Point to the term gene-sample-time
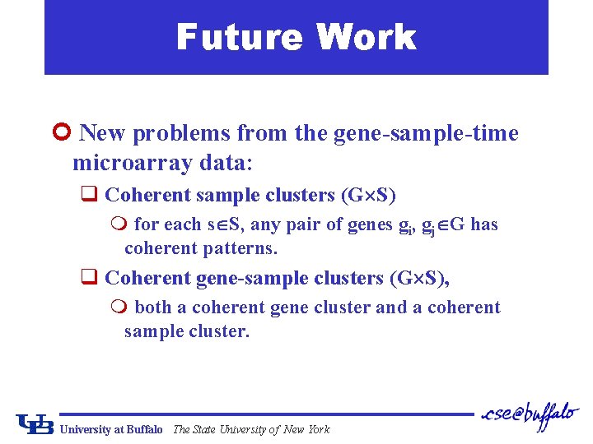tap(426, 133)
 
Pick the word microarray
tap(133, 163)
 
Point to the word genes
tap(370, 224)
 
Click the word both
tap(153, 308)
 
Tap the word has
tap(483, 224)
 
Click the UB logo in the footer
tap(35, 423)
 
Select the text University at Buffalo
tap(111, 429)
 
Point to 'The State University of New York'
tap(251, 429)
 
